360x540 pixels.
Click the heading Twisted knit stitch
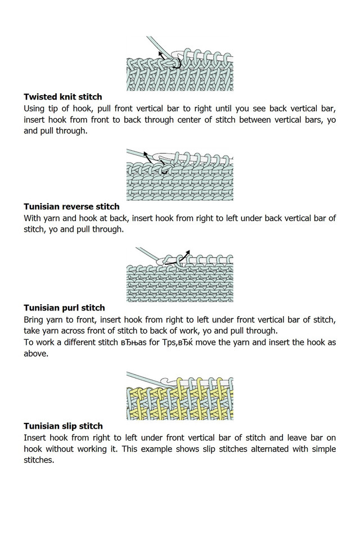[x=62, y=97]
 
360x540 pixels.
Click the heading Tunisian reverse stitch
[x=71, y=206]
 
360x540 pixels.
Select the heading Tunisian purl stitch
[x=64, y=308]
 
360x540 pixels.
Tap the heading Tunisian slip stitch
[x=63, y=426]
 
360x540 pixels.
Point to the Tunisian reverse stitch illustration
[x=179, y=174]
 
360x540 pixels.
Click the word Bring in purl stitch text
[x=35, y=319]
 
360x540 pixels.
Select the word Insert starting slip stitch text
[x=36, y=437]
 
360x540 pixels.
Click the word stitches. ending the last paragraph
[x=41, y=460]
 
